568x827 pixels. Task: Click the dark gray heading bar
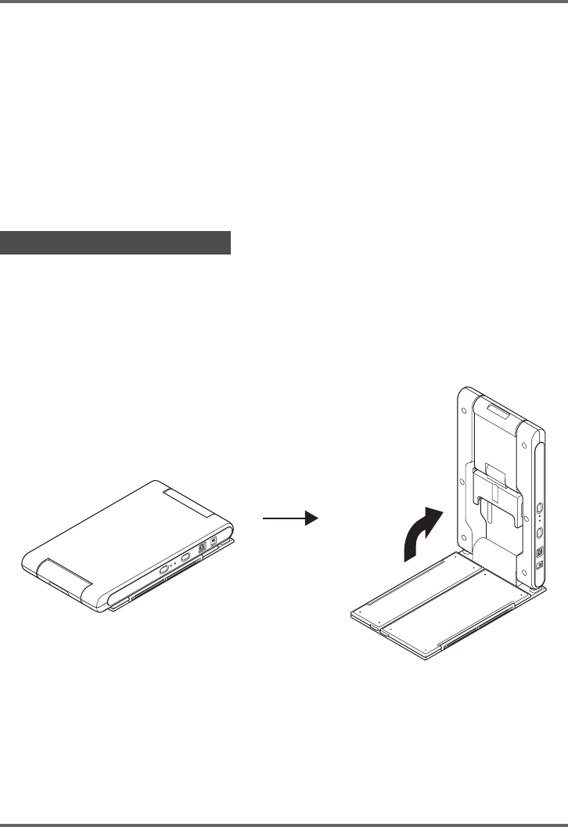point(117,243)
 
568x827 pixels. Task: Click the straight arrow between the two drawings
point(288,518)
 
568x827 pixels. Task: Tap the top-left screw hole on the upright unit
point(465,409)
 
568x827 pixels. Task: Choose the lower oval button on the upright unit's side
point(539,533)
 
